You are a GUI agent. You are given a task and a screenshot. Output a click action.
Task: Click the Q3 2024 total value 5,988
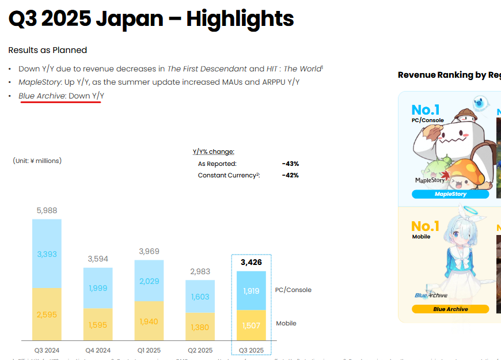[x=47, y=211]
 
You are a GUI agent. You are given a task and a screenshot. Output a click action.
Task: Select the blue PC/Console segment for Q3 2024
[x=47, y=253]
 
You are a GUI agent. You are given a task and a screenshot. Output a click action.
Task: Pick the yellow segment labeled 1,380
[x=200, y=327]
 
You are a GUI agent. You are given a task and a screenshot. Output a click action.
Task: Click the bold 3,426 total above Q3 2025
[x=251, y=262]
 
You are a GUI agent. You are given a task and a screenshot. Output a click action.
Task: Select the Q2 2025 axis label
[x=200, y=350]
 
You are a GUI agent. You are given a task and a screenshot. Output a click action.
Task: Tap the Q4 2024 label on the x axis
[x=98, y=350]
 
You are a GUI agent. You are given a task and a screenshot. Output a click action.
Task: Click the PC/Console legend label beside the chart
[x=294, y=290]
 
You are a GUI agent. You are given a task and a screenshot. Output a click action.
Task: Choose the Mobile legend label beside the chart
[x=286, y=323]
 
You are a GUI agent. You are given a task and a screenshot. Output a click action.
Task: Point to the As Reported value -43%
[x=290, y=164]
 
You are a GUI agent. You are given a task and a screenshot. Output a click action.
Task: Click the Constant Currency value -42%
[x=290, y=175]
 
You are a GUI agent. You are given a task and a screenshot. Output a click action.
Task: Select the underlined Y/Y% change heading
[x=214, y=151]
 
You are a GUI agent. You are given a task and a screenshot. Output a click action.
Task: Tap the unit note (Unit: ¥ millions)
[x=37, y=161]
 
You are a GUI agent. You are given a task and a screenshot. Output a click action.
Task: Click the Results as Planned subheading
[x=48, y=50]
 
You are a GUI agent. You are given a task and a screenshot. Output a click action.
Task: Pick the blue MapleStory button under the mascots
[x=450, y=194]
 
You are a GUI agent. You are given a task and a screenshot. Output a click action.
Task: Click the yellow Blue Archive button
[x=450, y=309]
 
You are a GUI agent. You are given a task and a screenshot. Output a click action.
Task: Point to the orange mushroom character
[x=467, y=175]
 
